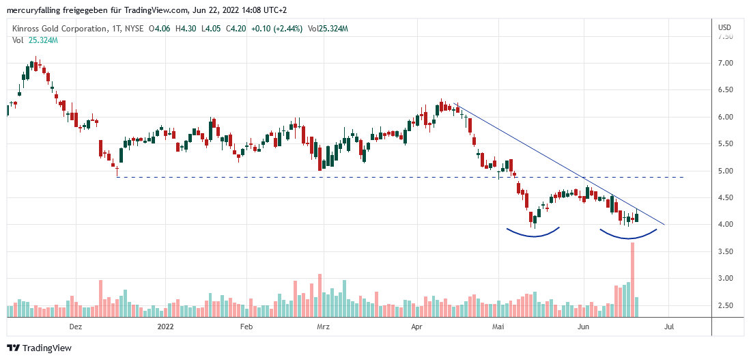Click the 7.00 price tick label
[x=725, y=64]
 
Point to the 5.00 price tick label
[x=725, y=171]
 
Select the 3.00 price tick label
[x=725, y=279]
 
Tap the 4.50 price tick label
[x=725, y=198]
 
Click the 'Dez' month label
[x=76, y=327]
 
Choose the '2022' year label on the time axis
[x=166, y=327]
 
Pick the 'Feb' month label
[x=247, y=327]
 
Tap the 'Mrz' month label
[x=323, y=327]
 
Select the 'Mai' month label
[x=498, y=327]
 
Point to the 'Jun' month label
[x=583, y=327]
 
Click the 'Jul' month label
[x=668, y=327]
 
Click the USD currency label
[x=725, y=27]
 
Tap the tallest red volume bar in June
[x=632, y=280]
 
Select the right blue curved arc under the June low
[x=628, y=236]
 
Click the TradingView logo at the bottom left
[x=40, y=348]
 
